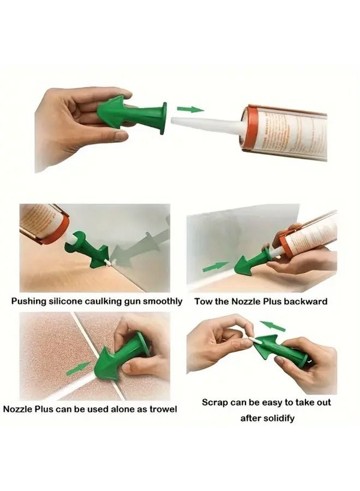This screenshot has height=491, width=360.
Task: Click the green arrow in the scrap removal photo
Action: tap(272, 327)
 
